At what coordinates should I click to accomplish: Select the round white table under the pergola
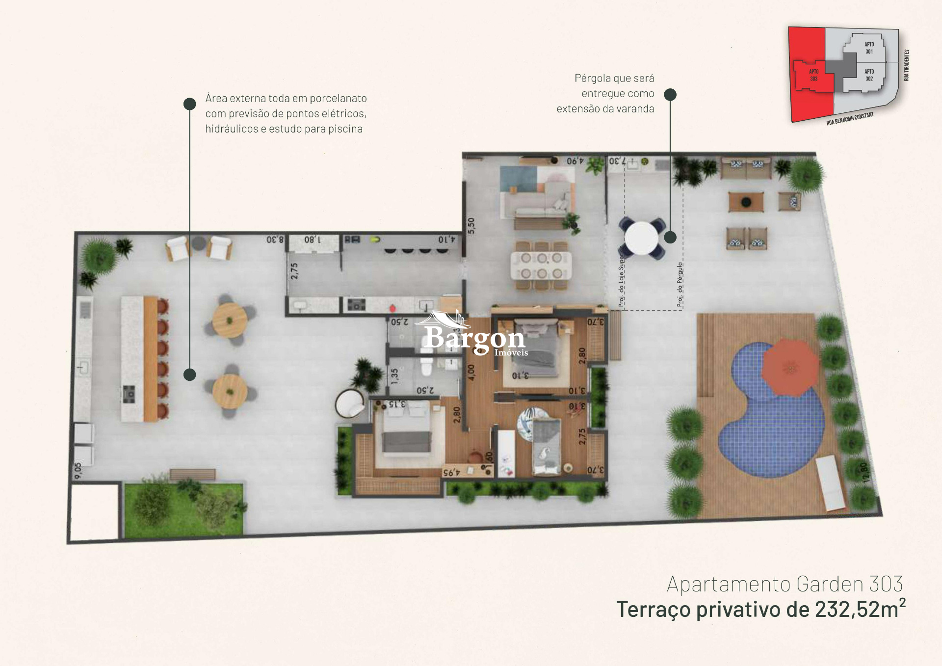[x=642, y=238]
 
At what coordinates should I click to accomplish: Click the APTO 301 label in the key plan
[x=869, y=48]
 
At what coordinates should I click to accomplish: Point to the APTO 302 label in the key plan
[x=869, y=75]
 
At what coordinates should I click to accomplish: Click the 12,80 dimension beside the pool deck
[x=864, y=473]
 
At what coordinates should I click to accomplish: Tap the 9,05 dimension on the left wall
[x=78, y=470]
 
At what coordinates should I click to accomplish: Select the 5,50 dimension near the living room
[x=471, y=226]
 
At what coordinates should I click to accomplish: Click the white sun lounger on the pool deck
[x=831, y=483]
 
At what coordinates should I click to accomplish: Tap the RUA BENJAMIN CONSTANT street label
[x=850, y=119]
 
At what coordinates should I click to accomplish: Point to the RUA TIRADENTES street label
[x=906, y=65]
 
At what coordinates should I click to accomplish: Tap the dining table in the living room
[x=541, y=265]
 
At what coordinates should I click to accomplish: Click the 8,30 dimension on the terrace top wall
[x=275, y=240]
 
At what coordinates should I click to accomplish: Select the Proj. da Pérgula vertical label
[x=680, y=285]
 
